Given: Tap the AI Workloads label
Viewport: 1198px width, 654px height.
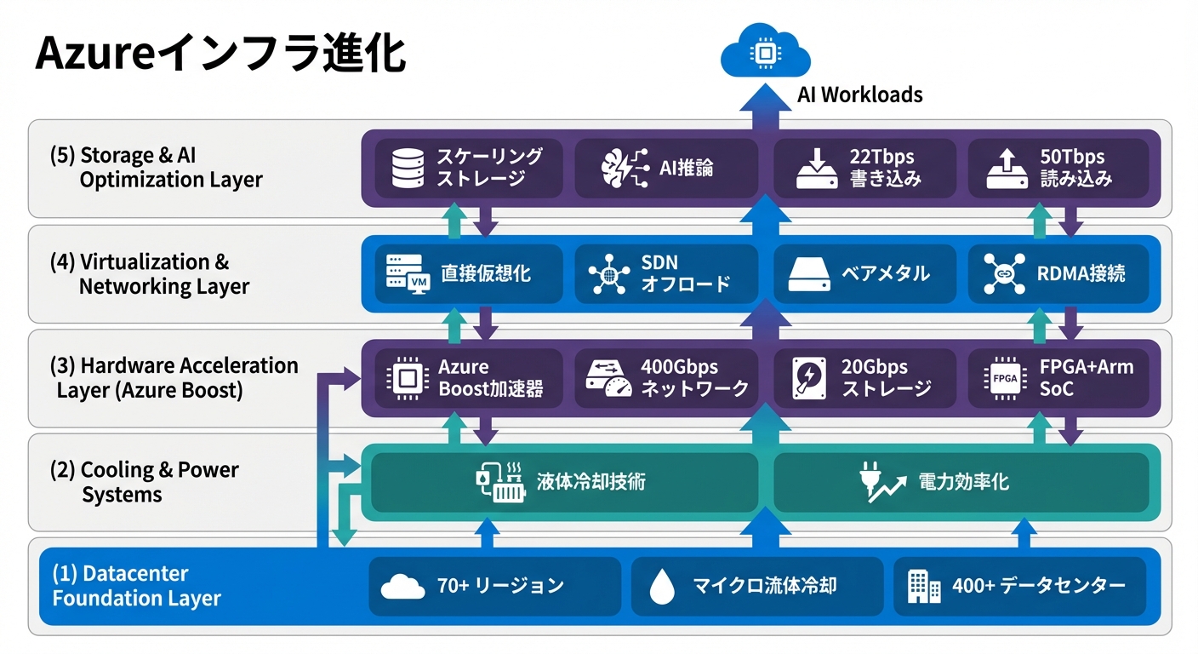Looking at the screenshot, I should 859,95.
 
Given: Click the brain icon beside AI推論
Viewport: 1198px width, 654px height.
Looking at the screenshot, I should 619,168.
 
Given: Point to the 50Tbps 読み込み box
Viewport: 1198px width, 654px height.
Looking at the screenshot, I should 1058,168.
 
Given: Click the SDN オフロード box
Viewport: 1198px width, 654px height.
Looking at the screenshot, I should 665,273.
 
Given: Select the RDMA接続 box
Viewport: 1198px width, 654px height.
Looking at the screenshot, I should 1058,273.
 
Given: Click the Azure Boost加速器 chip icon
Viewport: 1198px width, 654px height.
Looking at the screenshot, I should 407,378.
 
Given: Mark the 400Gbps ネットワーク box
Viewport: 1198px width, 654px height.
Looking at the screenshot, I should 665,378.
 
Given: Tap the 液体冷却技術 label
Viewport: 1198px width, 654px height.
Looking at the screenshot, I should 590,482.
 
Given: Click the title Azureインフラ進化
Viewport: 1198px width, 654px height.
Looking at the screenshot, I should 220,54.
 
